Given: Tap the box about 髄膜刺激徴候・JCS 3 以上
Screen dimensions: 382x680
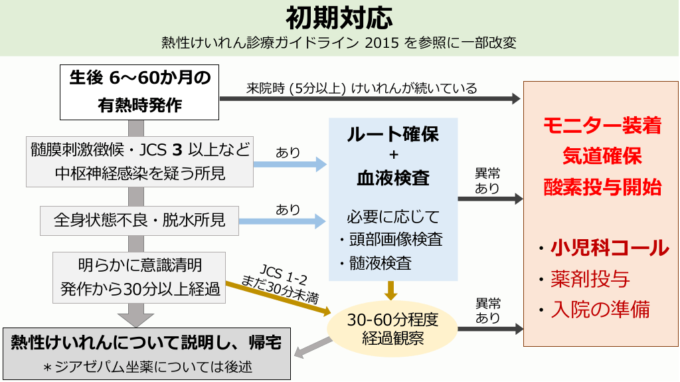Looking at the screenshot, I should coord(139,161).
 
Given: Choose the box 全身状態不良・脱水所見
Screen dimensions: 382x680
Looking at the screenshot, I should coord(139,221).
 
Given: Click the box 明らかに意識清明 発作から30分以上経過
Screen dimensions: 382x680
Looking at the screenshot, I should coord(139,277).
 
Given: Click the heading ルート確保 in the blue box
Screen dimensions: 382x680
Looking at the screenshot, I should coord(392,134).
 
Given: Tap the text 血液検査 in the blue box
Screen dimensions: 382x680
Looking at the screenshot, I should coord(392,178).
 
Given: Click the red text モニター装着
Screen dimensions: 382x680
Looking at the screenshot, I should coord(601,126).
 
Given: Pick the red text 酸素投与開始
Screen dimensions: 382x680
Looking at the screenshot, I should coord(601,187).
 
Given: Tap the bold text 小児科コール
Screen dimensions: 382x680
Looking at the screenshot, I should coord(609,248).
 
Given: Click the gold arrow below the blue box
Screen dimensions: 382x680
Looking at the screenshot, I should coord(392,290).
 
